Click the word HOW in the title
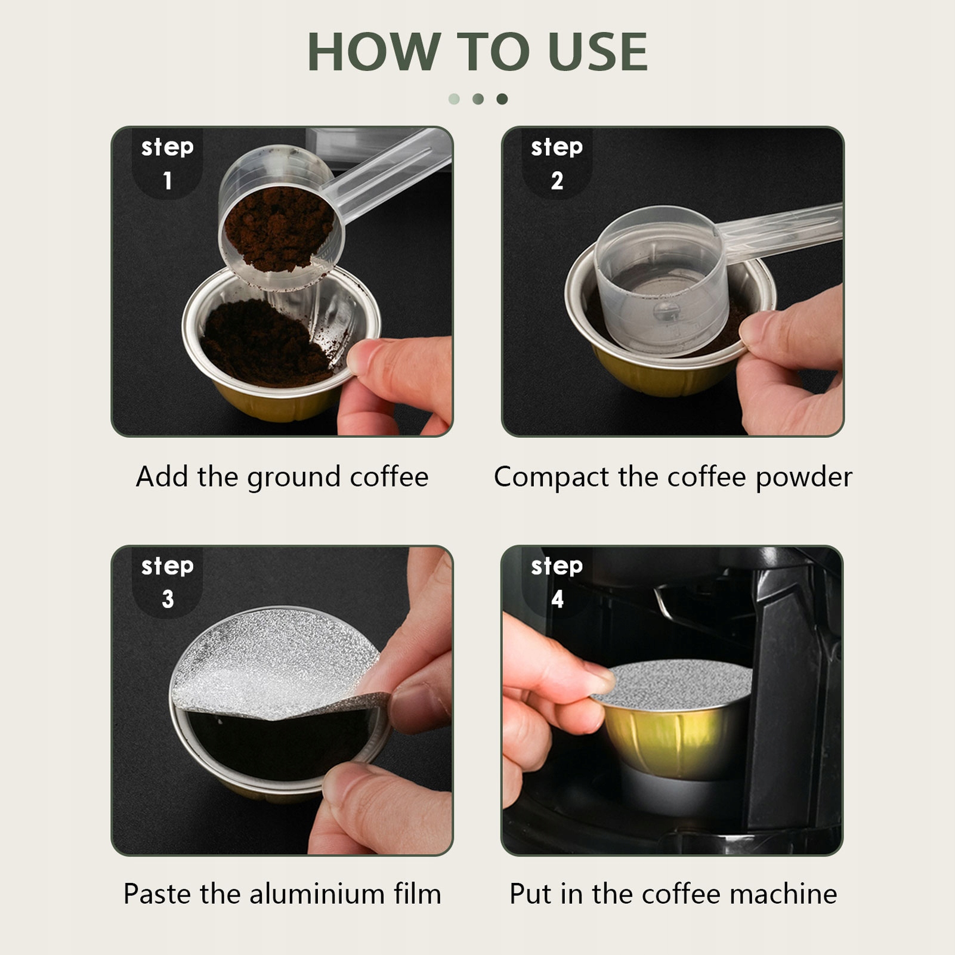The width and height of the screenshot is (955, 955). pyautogui.click(x=374, y=52)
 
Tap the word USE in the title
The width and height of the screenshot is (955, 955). pyautogui.click(x=598, y=52)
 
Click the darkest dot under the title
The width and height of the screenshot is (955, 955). pyautogui.click(x=502, y=98)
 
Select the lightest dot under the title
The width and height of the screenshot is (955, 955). pyautogui.click(x=454, y=98)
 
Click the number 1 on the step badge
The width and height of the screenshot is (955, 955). pyautogui.click(x=168, y=180)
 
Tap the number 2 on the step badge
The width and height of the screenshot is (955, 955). pyautogui.click(x=557, y=180)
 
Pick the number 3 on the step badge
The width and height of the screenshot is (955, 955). pyautogui.click(x=168, y=599)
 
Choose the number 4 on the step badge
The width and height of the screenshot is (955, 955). pyautogui.click(x=557, y=599)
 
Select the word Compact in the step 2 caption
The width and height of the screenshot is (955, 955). pyautogui.click(x=552, y=477)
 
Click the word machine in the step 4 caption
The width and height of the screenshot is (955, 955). pyautogui.click(x=783, y=894)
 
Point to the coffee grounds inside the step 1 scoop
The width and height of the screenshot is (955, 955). pyautogui.click(x=279, y=230)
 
